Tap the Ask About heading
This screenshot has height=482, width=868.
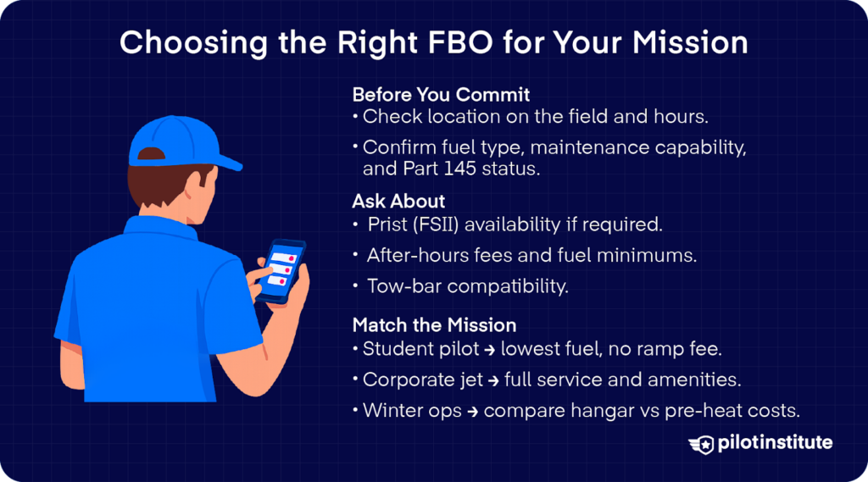click(x=398, y=202)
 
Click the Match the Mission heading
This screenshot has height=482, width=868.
click(x=434, y=325)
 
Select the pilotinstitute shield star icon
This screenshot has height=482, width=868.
click(x=702, y=444)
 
